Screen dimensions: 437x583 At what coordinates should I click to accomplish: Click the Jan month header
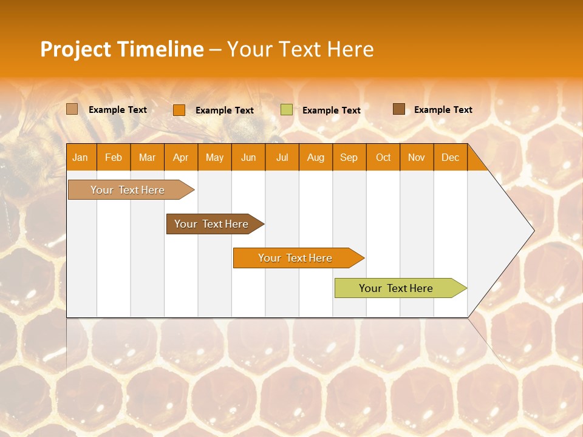click(x=80, y=158)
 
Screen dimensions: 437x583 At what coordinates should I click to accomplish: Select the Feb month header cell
click(x=114, y=158)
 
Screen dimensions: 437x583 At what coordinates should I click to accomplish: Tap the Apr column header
click(x=180, y=158)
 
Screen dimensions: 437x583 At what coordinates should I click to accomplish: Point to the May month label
click(x=214, y=158)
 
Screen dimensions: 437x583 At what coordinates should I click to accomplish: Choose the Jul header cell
click(x=282, y=158)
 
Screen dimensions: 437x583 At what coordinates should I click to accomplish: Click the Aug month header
click(x=316, y=158)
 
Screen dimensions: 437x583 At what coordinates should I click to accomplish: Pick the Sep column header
click(x=349, y=158)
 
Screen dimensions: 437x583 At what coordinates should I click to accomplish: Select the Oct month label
click(x=383, y=158)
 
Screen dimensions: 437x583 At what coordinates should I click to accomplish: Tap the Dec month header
click(x=450, y=158)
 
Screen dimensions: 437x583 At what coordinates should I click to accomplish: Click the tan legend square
click(x=72, y=109)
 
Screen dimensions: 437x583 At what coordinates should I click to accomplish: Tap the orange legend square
click(x=179, y=110)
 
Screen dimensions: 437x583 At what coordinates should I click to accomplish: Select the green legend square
click(x=287, y=110)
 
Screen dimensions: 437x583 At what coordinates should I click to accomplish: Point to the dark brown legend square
click(x=399, y=109)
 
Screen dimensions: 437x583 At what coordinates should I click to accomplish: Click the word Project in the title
click(x=75, y=49)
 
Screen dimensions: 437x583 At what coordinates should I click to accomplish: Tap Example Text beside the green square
click(x=332, y=110)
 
